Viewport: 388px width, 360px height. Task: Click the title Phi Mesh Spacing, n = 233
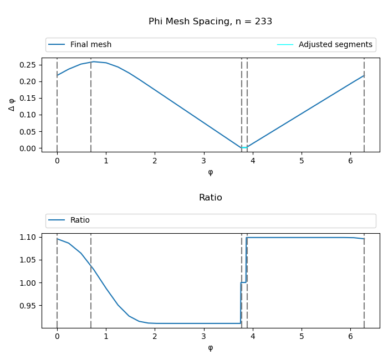(x=210, y=22)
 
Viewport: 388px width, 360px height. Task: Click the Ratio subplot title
(x=210, y=198)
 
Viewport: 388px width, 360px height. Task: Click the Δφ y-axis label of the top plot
(x=12, y=104)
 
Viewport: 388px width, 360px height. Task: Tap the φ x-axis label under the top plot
(x=210, y=172)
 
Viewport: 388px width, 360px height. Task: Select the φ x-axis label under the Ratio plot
(x=210, y=348)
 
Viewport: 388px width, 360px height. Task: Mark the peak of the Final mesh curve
(x=94, y=61)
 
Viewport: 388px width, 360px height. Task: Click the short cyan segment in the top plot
(x=244, y=148)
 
